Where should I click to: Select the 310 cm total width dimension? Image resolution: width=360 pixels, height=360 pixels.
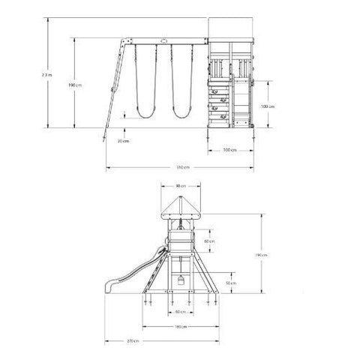pyautogui.click(x=181, y=166)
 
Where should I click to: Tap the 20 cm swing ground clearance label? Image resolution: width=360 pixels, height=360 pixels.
pyautogui.click(x=121, y=139)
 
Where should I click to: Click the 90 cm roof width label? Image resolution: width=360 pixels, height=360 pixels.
pyautogui.click(x=180, y=186)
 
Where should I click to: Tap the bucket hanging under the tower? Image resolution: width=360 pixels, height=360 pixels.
pyautogui.click(x=180, y=281)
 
